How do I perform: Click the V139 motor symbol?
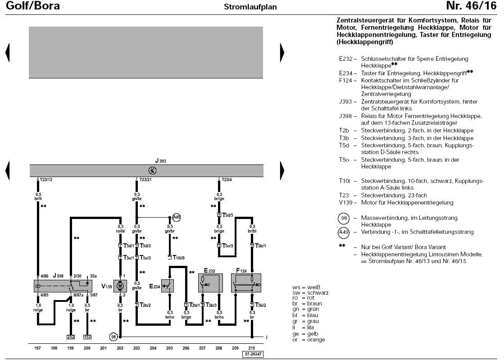point(120,286)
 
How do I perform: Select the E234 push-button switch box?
point(168,286)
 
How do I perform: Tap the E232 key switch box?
point(210,283)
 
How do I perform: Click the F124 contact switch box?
point(246,283)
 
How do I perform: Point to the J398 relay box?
point(63,286)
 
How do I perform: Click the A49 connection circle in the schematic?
point(176,217)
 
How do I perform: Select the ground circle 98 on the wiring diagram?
point(113,337)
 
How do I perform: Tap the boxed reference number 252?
point(70,337)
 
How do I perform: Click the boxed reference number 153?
point(87,337)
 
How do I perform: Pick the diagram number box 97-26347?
point(253,354)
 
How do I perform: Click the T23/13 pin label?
point(46,180)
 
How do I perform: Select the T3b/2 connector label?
point(260,305)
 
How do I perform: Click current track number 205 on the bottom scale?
point(169,348)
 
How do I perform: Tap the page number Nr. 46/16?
point(472,6)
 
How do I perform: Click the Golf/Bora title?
point(33,6)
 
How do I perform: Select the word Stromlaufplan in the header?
point(250,7)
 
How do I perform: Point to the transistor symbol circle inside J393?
point(152,170)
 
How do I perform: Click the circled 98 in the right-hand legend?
point(344,219)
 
